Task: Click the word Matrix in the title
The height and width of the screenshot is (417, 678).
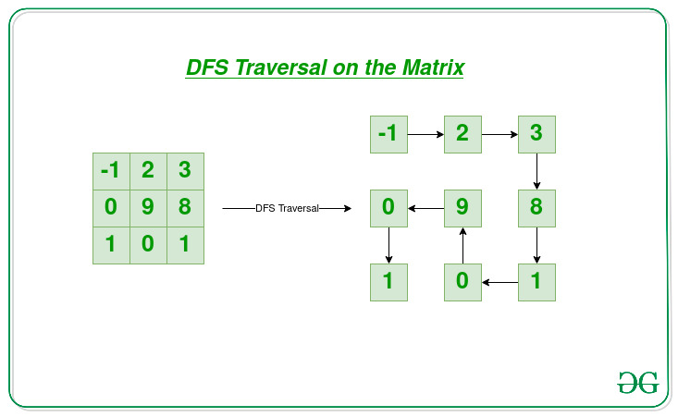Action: click(433, 67)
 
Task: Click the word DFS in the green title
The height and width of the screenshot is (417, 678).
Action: click(207, 67)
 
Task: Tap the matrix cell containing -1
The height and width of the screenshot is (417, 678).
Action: click(111, 171)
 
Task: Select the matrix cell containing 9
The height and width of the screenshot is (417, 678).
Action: click(148, 208)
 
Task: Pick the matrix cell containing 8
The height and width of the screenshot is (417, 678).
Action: click(186, 208)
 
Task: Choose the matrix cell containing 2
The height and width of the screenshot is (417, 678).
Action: click(148, 171)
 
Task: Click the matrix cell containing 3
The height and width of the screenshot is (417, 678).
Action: click(186, 171)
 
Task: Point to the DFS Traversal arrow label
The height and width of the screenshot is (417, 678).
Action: click(287, 208)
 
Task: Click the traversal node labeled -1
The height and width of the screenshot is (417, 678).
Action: click(388, 134)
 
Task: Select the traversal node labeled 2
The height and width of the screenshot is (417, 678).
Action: click(462, 134)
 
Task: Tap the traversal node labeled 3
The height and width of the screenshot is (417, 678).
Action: click(536, 134)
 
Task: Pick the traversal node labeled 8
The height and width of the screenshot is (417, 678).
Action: click(536, 208)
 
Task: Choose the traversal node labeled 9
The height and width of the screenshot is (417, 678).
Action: click(462, 208)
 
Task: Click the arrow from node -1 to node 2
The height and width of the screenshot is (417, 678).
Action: click(425, 134)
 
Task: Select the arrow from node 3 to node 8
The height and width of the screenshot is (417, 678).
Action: click(536, 172)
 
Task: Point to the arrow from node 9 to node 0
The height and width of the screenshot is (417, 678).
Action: click(425, 208)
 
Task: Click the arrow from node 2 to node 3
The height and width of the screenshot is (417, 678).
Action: click(499, 134)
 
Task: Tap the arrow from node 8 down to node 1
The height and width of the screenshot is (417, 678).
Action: click(536, 245)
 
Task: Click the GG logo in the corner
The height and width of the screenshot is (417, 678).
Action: click(638, 383)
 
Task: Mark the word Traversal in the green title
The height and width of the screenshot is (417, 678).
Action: click(280, 67)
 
